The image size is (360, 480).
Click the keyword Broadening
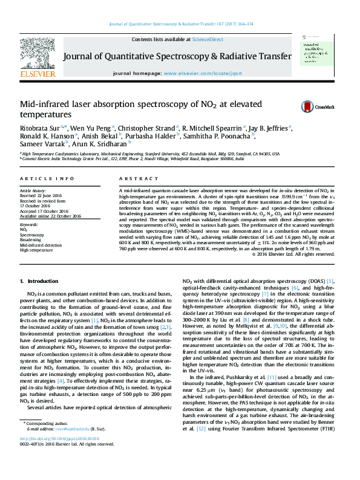click(31, 239)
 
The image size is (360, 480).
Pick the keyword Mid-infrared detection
click(41, 244)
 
